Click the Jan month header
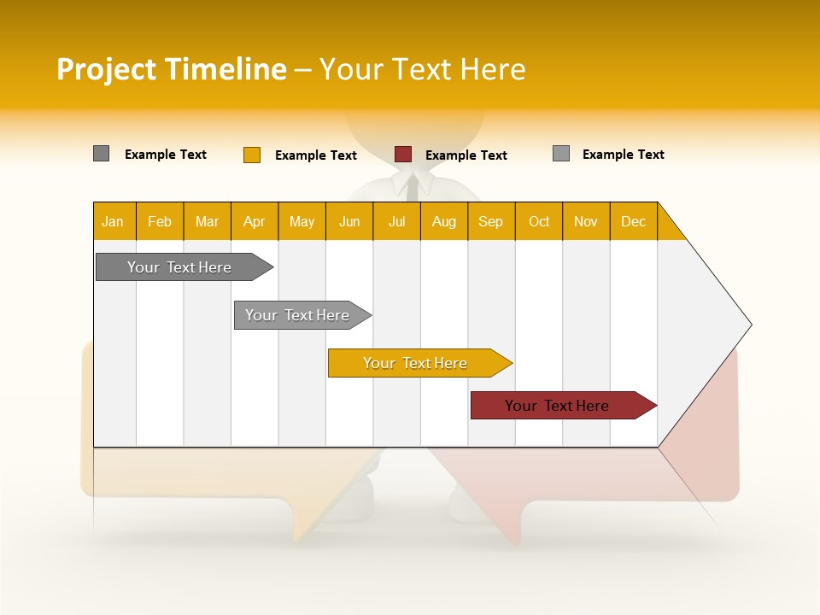point(114,221)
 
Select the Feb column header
point(160,221)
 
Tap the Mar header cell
point(207,221)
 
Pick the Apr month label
point(255,221)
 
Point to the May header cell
point(302,221)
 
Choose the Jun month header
point(349,221)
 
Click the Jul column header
point(396,221)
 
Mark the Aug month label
point(444,221)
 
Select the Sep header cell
point(491,221)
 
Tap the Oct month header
point(539,221)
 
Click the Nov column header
point(586,221)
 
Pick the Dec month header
point(634,221)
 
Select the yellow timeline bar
point(416,363)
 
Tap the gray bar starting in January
point(180,267)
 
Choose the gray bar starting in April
point(298,315)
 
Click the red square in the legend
point(403,155)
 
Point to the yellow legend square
point(252,155)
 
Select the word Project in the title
point(106,69)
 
